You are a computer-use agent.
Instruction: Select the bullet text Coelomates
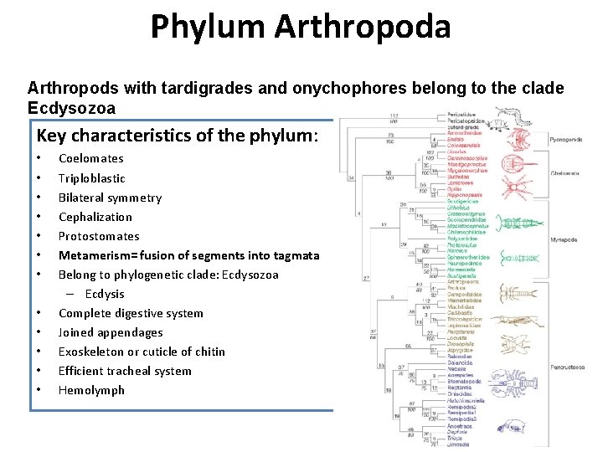[x=90, y=158]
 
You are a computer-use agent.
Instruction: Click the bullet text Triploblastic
[x=91, y=178]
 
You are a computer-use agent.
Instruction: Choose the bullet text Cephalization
[x=95, y=217]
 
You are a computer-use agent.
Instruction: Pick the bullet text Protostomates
[x=98, y=236]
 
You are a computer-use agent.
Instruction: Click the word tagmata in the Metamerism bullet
[x=291, y=255]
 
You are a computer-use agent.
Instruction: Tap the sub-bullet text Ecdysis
[x=104, y=294]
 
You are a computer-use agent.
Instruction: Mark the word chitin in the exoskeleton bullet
[x=209, y=352]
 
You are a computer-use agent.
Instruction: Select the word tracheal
[x=134, y=371]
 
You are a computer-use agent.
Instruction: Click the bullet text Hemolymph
[x=91, y=390]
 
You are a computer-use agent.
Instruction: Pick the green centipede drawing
[x=513, y=222]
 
